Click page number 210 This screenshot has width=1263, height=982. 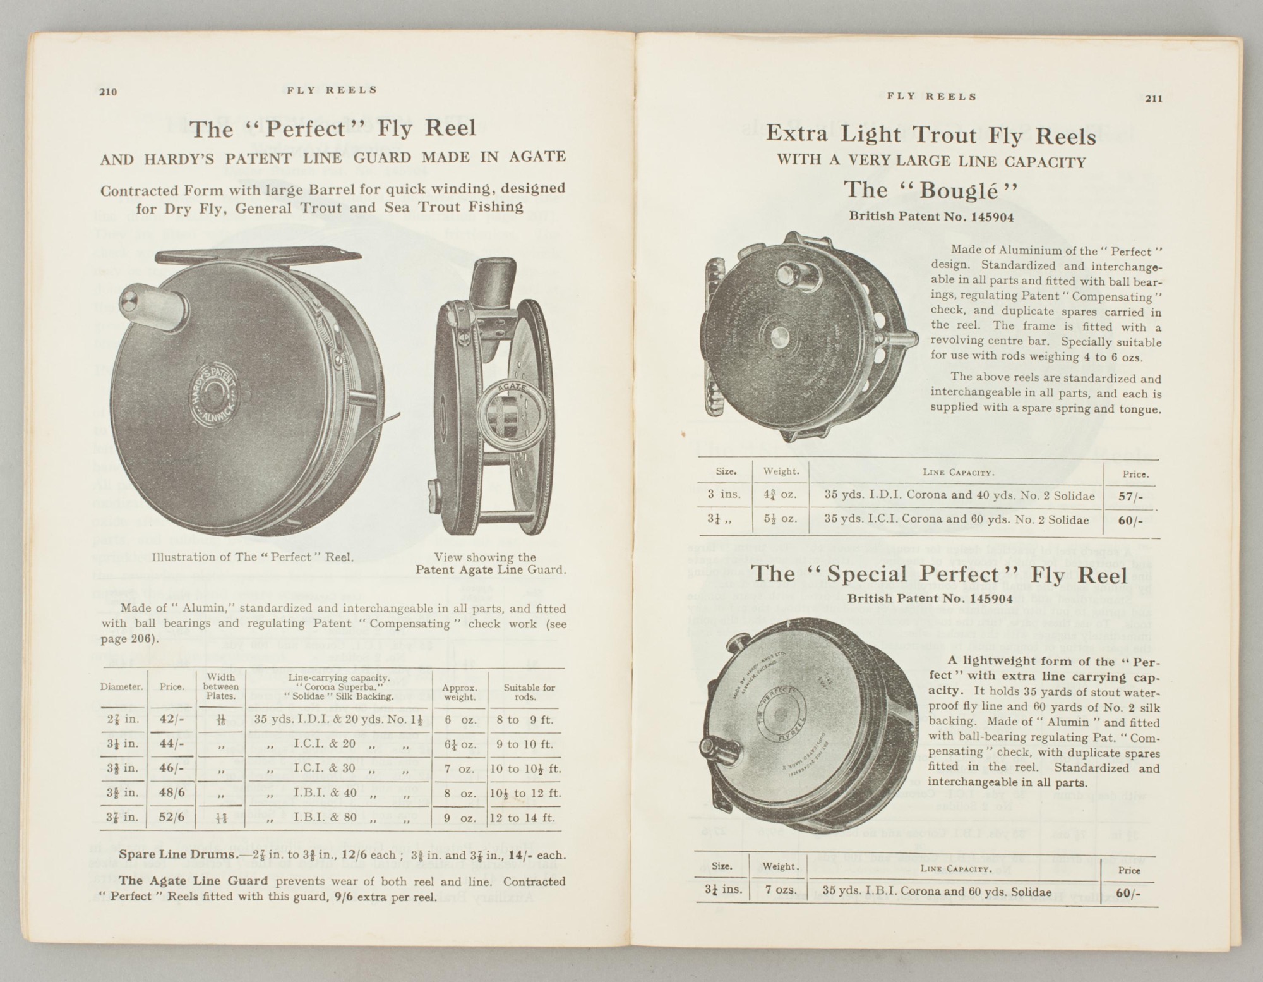108,92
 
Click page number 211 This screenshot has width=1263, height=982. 1153,99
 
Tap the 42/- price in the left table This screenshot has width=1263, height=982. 172,719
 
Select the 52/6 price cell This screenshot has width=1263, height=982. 172,817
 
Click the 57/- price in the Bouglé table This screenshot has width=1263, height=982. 1130,497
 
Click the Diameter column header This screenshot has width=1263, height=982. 121,687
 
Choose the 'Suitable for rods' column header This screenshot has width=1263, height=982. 529,692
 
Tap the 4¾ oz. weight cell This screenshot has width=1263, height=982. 781,495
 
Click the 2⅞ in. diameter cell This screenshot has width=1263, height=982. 122,720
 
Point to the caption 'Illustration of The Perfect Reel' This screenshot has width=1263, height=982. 252,557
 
